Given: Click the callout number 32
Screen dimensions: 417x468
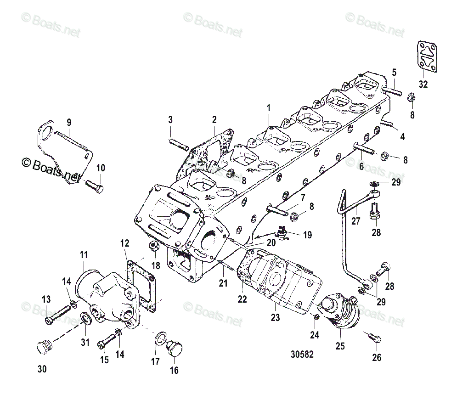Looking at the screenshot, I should click(423, 84).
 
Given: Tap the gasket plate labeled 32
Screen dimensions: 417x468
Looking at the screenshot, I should click(427, 56).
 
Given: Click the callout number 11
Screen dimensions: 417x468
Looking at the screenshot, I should click(84, 254).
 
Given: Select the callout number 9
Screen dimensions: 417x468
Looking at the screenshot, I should click(69, 122).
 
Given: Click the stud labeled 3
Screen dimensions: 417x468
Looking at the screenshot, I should click(177, 142).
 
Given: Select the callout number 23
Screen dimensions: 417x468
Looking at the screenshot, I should click(275, 317).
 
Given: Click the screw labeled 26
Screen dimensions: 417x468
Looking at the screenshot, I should click(374, 338).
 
